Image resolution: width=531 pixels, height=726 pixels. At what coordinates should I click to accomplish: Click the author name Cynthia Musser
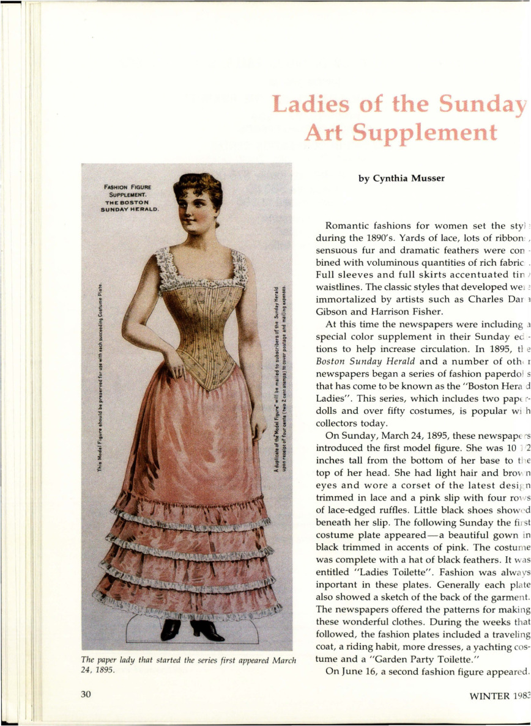401,179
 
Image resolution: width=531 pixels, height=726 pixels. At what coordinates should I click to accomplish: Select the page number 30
86,694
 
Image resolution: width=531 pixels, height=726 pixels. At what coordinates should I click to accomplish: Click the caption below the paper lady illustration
188,663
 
